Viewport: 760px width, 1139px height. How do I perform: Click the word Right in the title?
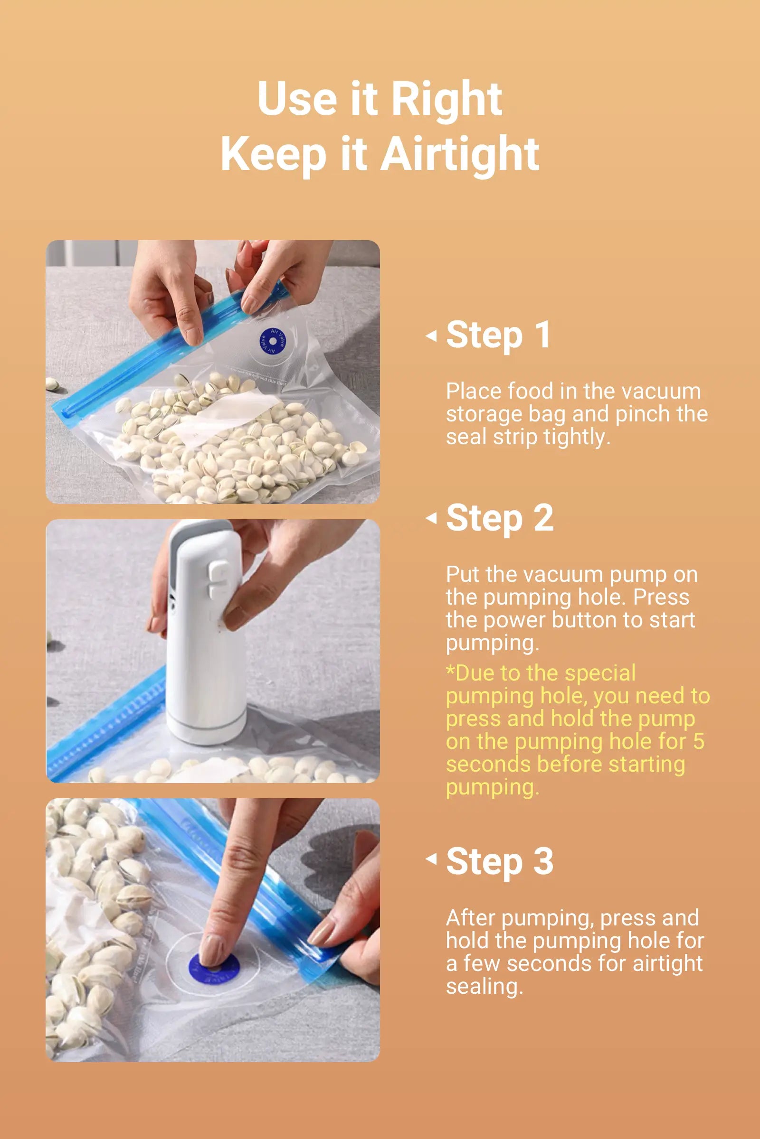click(446, 99)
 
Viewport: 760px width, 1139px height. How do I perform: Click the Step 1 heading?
click(498, 335)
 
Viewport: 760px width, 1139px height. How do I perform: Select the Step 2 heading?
click(500, 519)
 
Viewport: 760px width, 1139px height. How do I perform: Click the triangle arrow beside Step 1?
click(431, 336)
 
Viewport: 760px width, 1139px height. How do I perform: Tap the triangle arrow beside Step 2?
click(431, 518)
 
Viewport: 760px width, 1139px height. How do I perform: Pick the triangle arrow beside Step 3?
click(431, 859)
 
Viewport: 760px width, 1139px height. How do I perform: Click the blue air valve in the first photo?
click(272, 341)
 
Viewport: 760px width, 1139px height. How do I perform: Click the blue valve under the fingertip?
click(214, 969)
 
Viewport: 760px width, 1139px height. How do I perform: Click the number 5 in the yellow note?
click(698, 741)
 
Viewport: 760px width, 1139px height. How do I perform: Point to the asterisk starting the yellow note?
click(451, 671)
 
